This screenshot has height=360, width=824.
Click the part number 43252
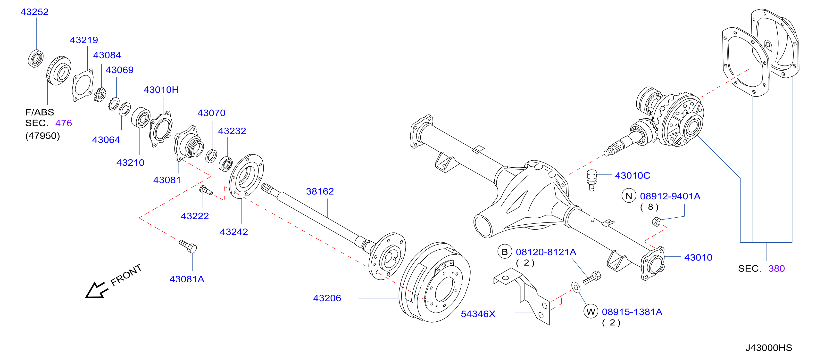[x=34, y=12]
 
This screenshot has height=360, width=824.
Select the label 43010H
[x=161, y=90]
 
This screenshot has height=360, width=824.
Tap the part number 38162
[x=320, y=191]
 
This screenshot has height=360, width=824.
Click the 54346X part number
[x=478, y=314]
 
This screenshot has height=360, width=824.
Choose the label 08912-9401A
[x=670, y=196]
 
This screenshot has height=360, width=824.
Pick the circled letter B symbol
[x=505, y=252]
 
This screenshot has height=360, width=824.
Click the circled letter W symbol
[x=591, y=312]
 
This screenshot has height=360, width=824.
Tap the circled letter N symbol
[x=629, y=196]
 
